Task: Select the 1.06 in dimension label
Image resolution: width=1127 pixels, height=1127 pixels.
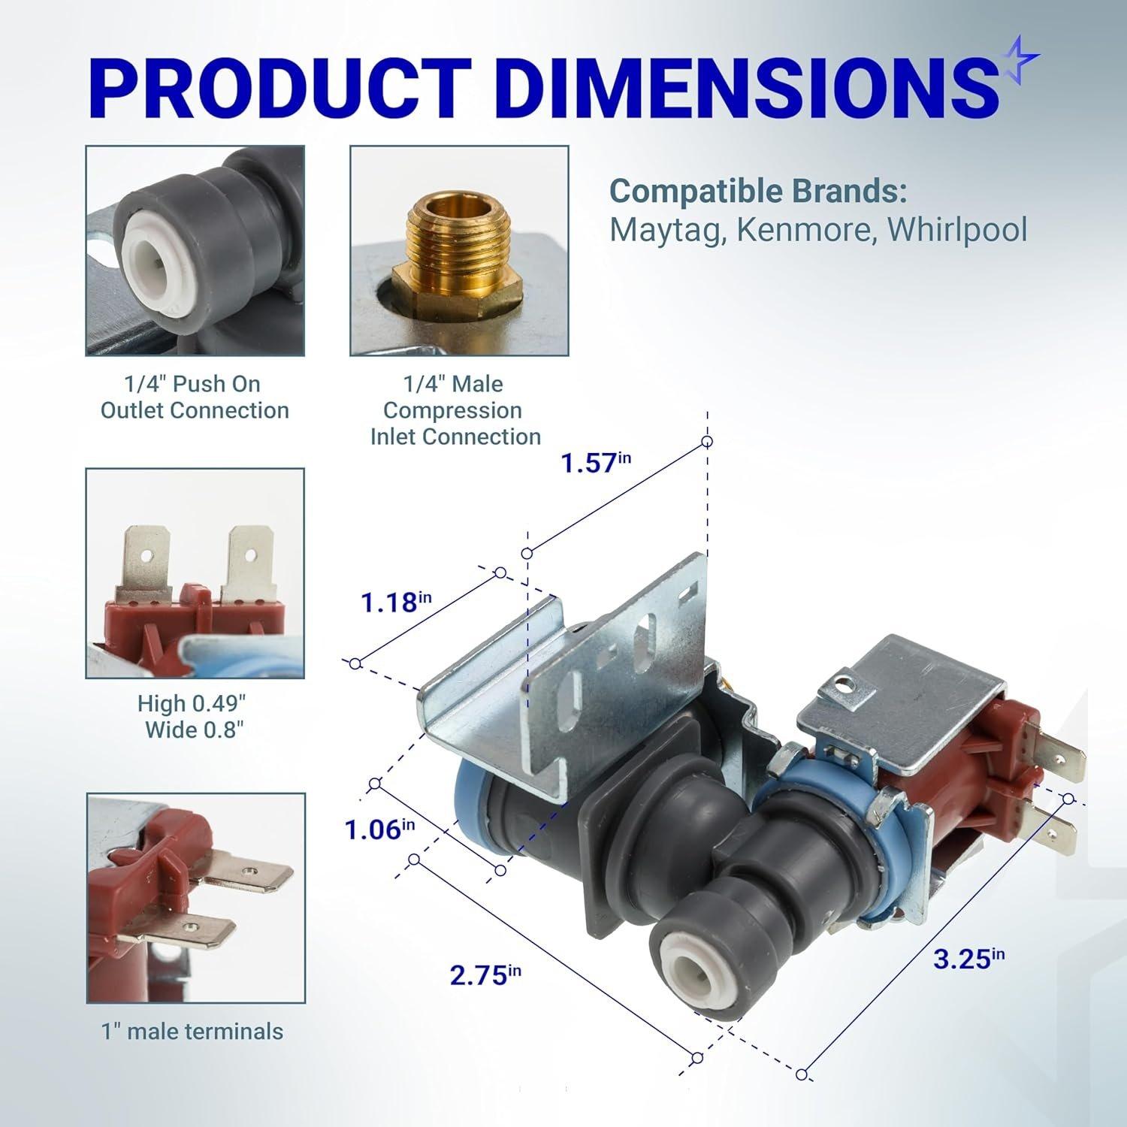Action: (379, 829)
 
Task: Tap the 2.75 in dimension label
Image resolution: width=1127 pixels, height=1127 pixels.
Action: (485, 975)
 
